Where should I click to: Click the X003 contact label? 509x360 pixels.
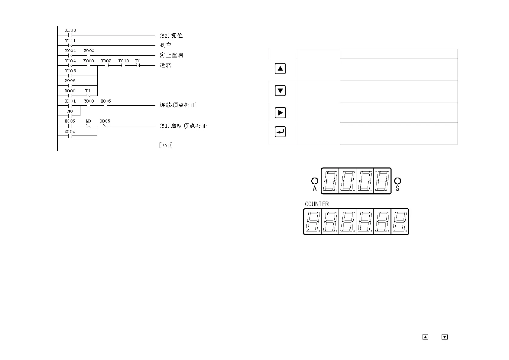[70, 30]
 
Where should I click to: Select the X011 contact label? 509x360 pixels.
[70, 41]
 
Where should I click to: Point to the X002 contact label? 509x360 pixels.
[106, 61]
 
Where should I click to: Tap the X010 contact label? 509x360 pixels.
[123, 61]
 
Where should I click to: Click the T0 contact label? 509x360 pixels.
[138, 61]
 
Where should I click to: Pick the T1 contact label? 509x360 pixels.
[88, 91]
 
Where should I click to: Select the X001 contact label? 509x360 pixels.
[70, 101]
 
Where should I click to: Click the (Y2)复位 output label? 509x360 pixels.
[171, 35]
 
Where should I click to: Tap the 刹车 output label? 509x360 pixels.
[166, 45]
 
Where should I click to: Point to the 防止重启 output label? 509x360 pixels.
[171, 55]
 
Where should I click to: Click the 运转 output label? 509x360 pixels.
[166, 65]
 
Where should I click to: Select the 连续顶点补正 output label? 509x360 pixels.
[178, 105]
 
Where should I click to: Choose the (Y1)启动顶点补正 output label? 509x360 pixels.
[183, 126]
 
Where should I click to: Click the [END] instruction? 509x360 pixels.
[166, 146]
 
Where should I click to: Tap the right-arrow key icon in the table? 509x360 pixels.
[280, 113]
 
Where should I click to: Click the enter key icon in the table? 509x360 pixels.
[280, 132]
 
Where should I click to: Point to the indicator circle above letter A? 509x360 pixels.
[315, 181]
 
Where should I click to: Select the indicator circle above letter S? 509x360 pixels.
[398, 181]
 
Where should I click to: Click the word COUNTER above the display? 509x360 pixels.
[317, 204]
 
